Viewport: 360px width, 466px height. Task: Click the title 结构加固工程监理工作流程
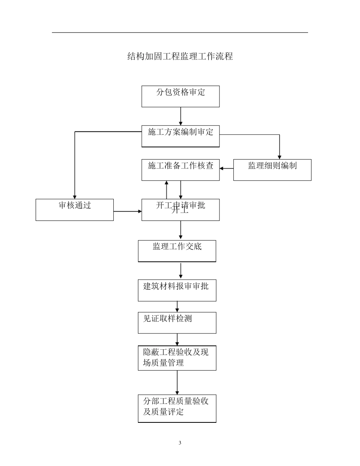coord(180,57)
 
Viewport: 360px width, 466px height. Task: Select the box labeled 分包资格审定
coord(180,96)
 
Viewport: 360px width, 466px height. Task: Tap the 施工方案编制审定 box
coord(180,136)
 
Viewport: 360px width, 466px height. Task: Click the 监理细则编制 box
coord(272,170)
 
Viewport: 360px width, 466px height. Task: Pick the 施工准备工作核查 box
coord(180,170)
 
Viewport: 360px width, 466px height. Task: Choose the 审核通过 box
coord(75,210)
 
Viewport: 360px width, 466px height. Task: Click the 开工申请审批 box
coord(180,210)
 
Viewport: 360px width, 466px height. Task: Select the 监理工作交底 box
coord(177,251)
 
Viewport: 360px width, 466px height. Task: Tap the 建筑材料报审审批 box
coord(177,290)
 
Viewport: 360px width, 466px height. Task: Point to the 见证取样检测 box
coord(177,322)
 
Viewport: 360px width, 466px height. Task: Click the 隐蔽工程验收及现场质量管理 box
coord(177,358)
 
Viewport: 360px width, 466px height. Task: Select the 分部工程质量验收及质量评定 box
coord(177,408)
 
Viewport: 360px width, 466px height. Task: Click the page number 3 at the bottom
coord(180,443)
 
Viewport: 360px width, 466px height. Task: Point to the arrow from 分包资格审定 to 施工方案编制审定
coord(180,116)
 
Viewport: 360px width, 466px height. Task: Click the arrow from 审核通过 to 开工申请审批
coord(128,211)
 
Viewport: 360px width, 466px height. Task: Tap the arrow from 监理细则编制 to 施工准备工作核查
coord(226,168)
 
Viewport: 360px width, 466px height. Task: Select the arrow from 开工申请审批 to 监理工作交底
coord(180,230)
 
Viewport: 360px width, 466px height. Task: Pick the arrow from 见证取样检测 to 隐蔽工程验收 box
coord(177,339)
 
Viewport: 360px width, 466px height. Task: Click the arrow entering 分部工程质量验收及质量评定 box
coord(177,382)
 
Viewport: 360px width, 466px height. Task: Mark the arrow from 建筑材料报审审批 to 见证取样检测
coord(177,306)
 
